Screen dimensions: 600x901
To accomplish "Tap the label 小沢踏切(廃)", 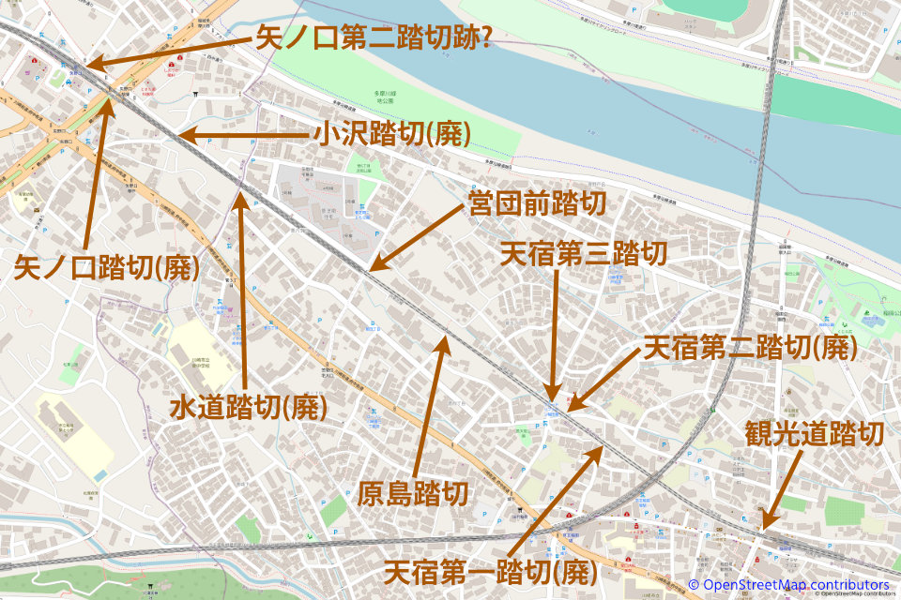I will tap(391, 135).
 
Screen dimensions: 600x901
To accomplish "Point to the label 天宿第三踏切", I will tap(584, 254).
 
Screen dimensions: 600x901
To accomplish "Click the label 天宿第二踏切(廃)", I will tap(749, 349).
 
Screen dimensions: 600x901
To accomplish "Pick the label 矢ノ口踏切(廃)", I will tap(107, 269).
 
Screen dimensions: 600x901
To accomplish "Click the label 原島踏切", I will tap(413, 493).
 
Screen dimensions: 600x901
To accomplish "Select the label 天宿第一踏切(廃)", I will tap(491, 570).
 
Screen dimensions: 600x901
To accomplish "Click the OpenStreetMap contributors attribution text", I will tap(794, 585).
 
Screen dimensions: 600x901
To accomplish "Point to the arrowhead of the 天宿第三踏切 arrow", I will tap(556, 397).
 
